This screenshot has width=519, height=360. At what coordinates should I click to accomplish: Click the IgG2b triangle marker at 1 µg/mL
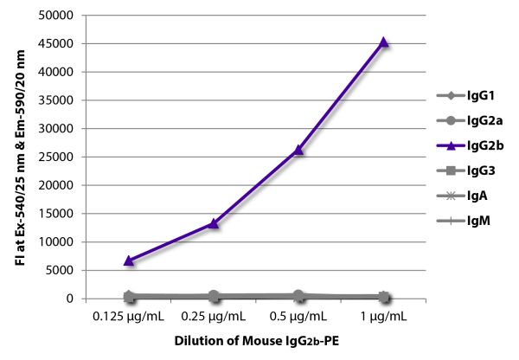point(384,42)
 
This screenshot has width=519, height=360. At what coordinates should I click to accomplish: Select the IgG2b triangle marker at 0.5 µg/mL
point(299,150)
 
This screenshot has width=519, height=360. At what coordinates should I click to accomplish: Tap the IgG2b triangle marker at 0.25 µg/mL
point(214,223)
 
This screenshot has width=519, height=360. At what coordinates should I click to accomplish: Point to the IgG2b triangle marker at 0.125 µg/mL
point(129,260)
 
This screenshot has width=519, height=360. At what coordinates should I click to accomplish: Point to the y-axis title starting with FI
point(19,156)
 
